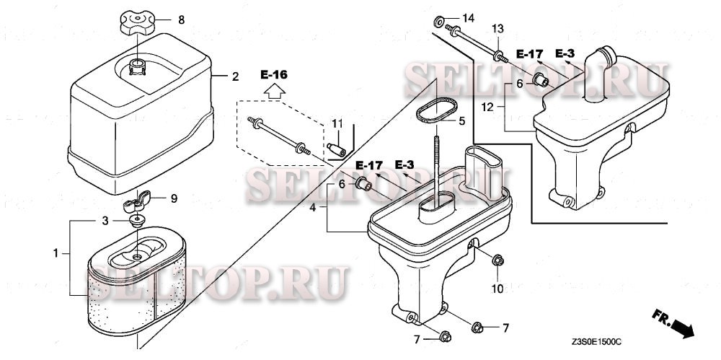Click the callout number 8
pyautogui.click(x=181, y=20)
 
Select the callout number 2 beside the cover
pyautogui.click(x=235, y=76)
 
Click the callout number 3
pyautogui.click(x=104, y=219)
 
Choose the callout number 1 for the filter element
pyautogui.click(x=57, y=253)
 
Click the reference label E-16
pyautogui.click(x=274, y=74)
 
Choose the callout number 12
pyautogui.click(x=487, y=107)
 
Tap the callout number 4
pyautogui.click(x=313, y=207)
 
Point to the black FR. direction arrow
pyautogui.click(x=678, y=328)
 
